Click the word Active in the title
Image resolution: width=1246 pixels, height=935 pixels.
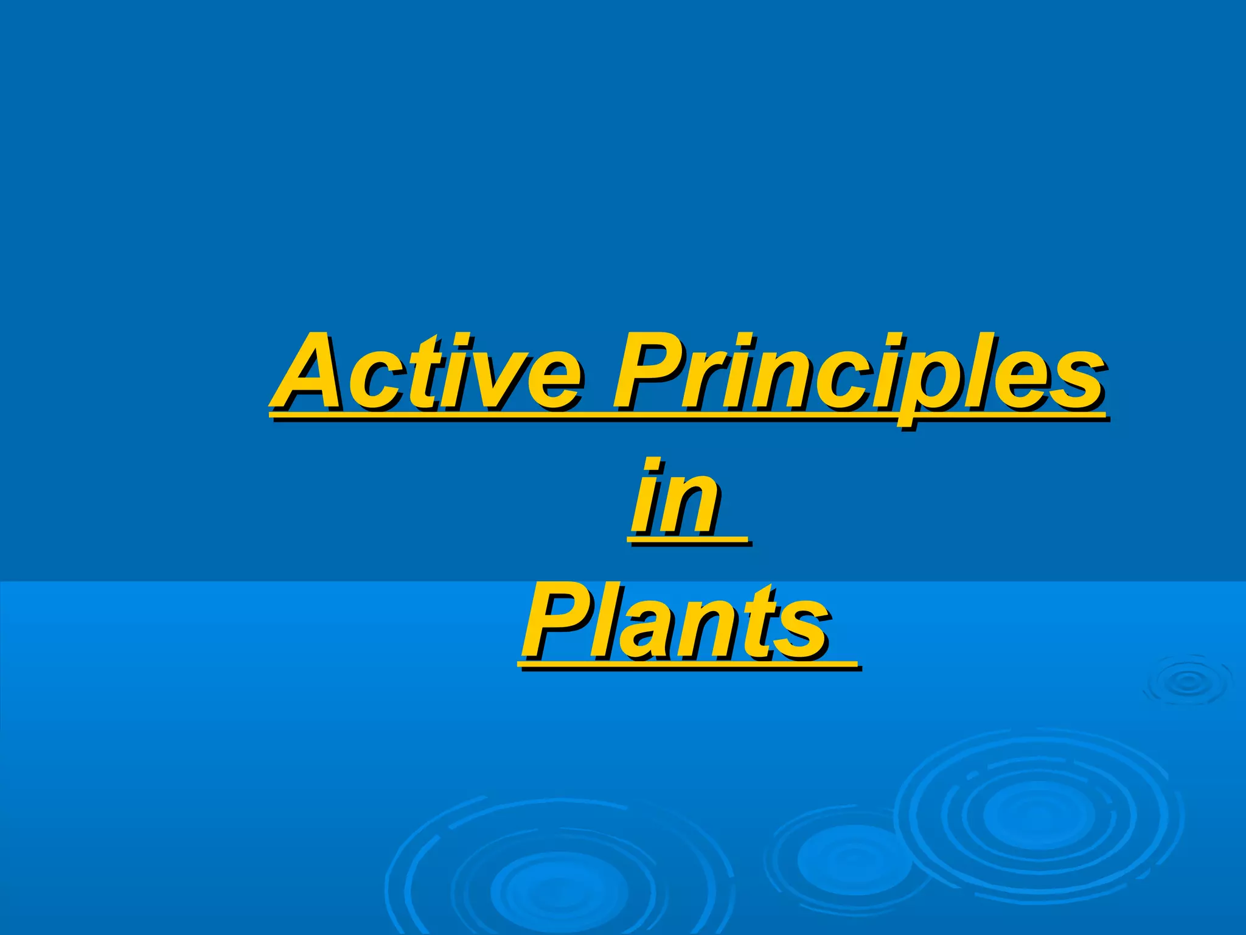point(426,373)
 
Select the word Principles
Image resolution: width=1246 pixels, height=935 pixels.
point(858,374)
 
